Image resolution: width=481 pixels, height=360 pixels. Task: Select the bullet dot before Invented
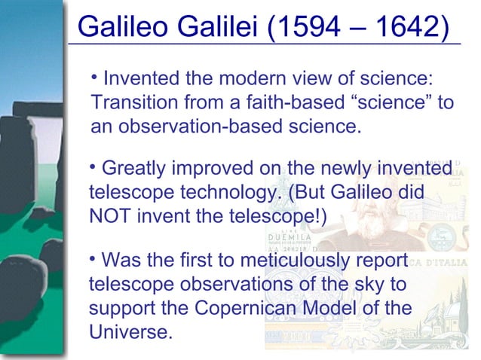pyautogui.click(x=93, y=76)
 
